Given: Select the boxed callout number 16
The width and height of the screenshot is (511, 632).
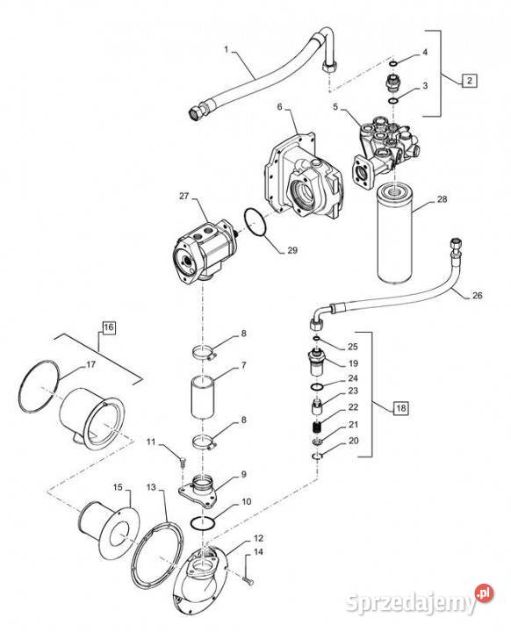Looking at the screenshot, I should tap(108, 328).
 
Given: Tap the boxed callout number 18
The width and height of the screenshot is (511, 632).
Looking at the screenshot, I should tap(400, 407).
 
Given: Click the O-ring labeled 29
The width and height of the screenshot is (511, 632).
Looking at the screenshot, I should tap(255, 224).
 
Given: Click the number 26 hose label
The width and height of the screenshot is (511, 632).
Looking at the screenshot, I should tap(478, 295).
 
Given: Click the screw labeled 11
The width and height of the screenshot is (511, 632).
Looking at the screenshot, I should tap(178, 454).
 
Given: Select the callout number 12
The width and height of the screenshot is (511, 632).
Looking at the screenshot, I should tap(258, 537).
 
